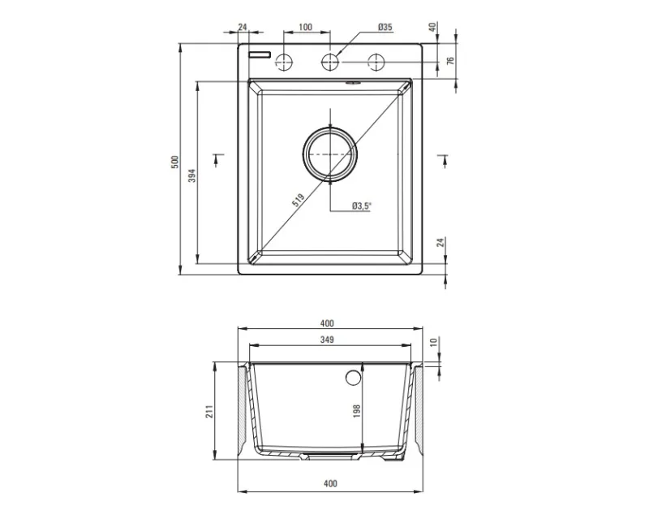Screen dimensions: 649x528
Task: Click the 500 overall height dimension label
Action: coord(174,162)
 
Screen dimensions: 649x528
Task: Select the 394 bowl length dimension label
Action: coord(191,175)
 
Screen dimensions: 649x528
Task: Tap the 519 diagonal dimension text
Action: coord(298,200)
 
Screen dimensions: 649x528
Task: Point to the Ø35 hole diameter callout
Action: coord(385,28)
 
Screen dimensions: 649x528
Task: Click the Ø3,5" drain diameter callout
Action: coord(362,206)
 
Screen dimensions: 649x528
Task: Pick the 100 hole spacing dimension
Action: coord(305,28)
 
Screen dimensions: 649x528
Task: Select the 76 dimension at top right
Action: coord(451,60)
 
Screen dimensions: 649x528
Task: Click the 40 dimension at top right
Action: coord(432,28)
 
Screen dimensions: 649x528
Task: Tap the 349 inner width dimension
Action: coord(327,340)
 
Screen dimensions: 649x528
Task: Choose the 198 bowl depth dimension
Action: coord(357,410)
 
